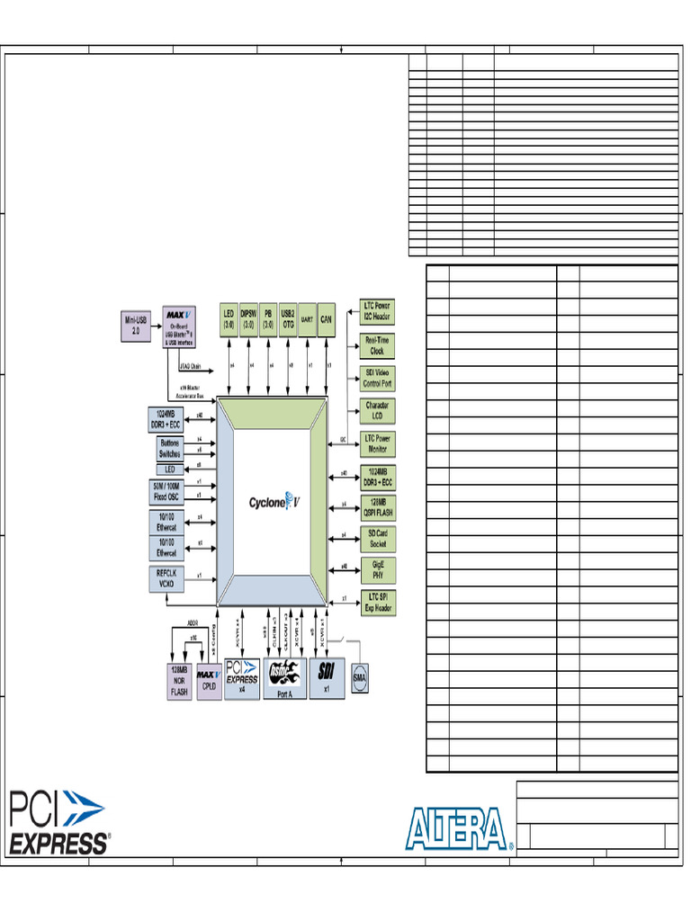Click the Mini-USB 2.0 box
tap(137, 326)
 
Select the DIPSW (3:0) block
tap(248, 319)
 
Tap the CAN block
tap(327, 319)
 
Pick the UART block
tap(307, 319)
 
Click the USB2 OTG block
tap(288, 319)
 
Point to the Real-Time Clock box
tap(377, 346)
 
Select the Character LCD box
tap(377, 411)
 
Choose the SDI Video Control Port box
tap(377, 378)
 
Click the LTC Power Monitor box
tap(377, 443)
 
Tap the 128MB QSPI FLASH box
tap(377, 507)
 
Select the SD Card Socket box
tap(377, 540)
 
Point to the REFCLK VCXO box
tap(166, 579)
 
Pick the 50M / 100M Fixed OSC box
tap(166, 491)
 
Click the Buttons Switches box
tap(169, 449)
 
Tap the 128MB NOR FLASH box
tap(179, 682)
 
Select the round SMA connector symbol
tap(360, 678)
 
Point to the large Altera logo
tap(459, 827)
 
